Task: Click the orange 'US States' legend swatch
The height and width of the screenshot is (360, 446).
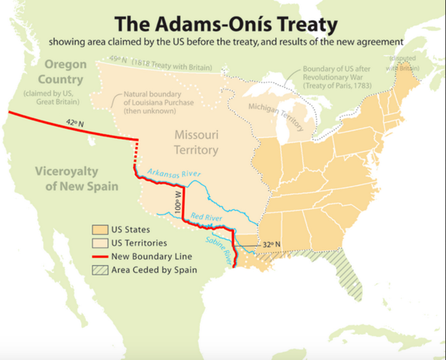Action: [x=99, y=229]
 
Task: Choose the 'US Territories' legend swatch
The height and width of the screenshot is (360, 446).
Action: [x=99, y=243]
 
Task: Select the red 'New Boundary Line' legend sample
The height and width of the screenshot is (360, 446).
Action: [x=99, y=256]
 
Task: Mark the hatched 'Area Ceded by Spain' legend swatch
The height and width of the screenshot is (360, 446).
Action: [x=99, y=270]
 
